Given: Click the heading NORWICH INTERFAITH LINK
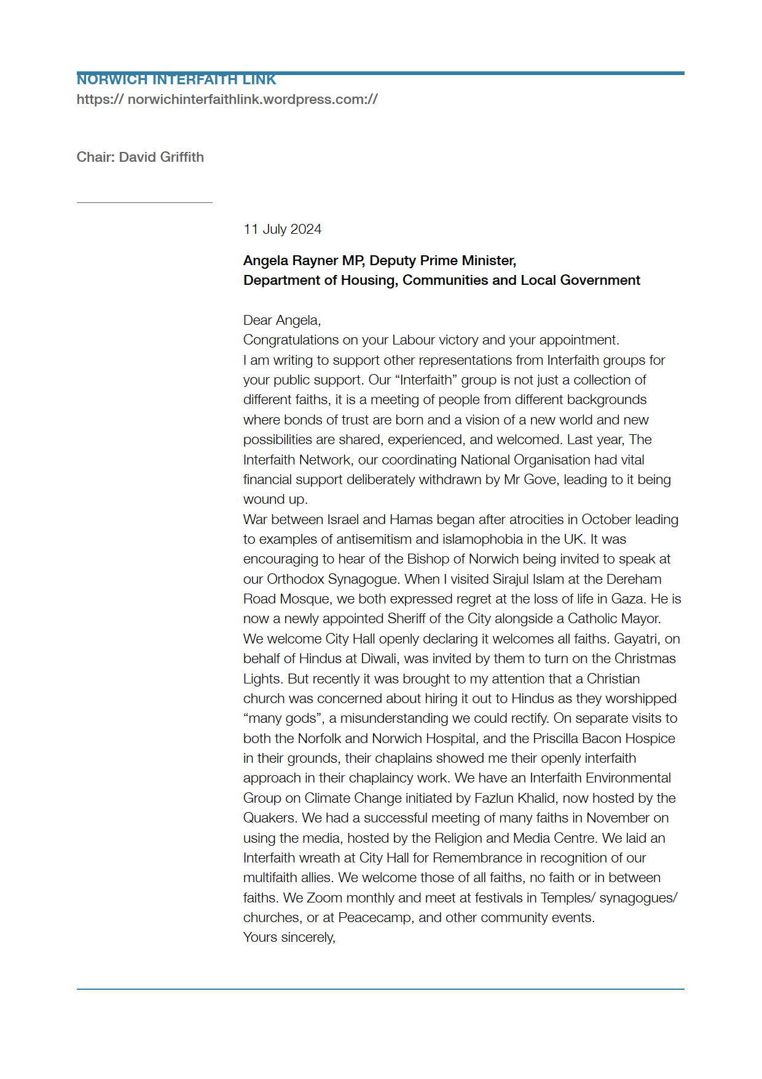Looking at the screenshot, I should (176, 80).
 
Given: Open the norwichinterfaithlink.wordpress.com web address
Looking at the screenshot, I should (227, 100).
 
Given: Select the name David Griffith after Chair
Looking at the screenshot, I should (162, 157).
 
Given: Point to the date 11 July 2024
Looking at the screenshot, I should (282, 229).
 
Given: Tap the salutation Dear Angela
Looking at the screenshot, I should (281, 321).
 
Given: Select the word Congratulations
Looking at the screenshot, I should (291, 340).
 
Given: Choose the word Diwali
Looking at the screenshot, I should (379, 659).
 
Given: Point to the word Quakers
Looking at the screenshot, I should (270, 818).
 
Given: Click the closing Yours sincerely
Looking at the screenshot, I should (289, 938).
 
